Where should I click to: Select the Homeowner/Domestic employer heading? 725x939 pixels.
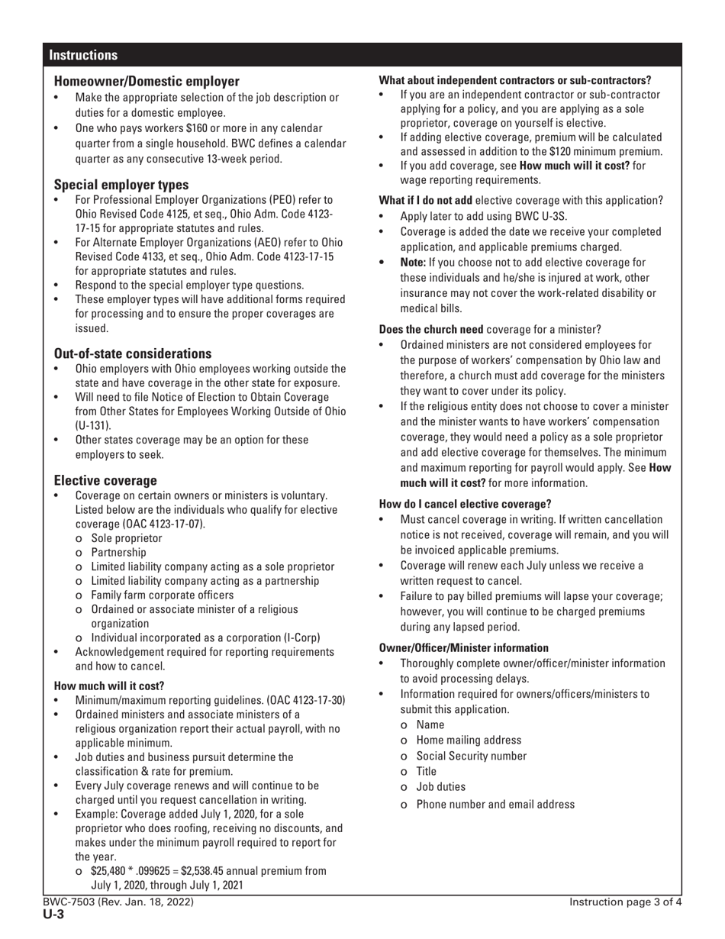(x=147, y=81)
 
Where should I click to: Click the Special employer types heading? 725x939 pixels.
(x=121, y=185)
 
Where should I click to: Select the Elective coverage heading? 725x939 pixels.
(x=105, y=480)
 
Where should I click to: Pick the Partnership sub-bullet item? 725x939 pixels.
(x=118, y=552)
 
